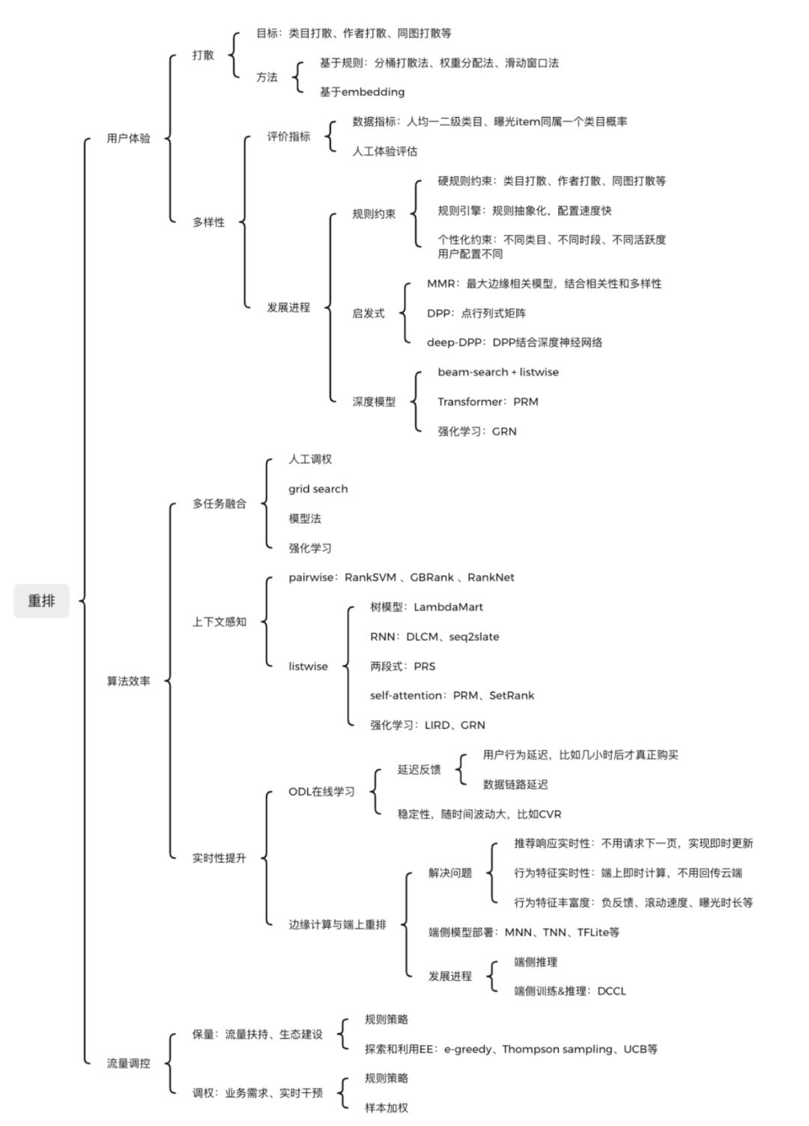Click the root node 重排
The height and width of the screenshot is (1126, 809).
pyautogui.click(x=41, y=600)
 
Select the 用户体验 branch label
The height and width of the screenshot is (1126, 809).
pyautogui.click(x=128, y=138)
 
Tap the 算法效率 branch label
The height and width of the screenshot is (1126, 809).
pyautogui.click(x=128, y=681)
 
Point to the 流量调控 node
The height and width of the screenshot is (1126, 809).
pyautogui.click(x=128, y=1063)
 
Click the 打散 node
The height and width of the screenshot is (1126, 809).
pyautogui.click(x=203, y=55)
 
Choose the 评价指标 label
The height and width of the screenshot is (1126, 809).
pyautogui.click(x=288, y=136)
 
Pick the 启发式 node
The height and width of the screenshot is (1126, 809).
pyautogui.click(x=369, y=313)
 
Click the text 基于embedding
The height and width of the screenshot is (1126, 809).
pyautogui.click(x=362, y=91)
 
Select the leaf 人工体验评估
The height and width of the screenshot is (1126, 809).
pyautogui.click(x=385, y=151)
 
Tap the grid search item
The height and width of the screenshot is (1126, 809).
pyautogui.click(x=318, y=489)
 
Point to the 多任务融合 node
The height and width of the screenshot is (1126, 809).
pyautogui.click(x=219, y=503)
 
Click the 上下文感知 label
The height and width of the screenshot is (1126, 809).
pyautogui.click(x=219, y=621)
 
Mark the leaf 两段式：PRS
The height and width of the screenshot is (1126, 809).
pyautogui.click(x=402, y=666)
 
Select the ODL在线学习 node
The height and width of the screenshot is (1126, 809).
pyautogui.click(x=321, y=792)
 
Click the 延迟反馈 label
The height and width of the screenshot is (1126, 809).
pyautogui.click(x=419, y=770)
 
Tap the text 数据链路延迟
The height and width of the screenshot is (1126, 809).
pyautogui.click(x=515, y=784)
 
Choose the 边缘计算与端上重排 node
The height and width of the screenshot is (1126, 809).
pyautogui.click(x=337, y=924)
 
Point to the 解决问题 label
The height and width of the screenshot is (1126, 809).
pyautogui.click(x=450, y=873)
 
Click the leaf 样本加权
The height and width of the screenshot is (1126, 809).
pyautogui.click(x=387, y=1107)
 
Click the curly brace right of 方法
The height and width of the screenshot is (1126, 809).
pyautogui.click(x=298, y=77)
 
